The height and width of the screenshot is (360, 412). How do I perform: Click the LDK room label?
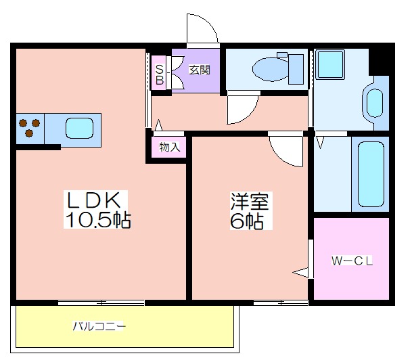click(x=94, y=200)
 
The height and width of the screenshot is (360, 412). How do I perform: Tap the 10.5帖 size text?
click(x=98, y=220)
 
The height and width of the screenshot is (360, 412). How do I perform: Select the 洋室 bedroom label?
click(x=250, y=202)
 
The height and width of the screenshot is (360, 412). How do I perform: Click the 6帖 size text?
click(x=247, y=221)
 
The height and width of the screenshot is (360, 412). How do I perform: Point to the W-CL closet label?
click(x=352, y=261)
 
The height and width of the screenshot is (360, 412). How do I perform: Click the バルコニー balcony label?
click(x=99, y=326)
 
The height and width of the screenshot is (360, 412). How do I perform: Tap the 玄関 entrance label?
click(x=200, y=70)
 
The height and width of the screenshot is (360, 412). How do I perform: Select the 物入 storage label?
click(x=170, y=147)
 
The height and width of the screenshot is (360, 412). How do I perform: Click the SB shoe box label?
click(x=160, y=74)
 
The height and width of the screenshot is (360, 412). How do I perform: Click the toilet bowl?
click(x=270, y=69)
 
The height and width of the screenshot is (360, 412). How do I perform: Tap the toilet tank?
click(x=296, y=69)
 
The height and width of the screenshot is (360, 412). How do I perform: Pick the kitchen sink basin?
click(x=79, y=129)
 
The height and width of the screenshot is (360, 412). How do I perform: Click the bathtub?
click(x=371, y=174)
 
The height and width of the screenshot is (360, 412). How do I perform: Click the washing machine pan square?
click(x=330, y=64)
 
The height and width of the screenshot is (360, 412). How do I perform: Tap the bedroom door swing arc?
click(x=279, y=158)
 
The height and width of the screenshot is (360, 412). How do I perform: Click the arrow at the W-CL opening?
click(x=300, y=273)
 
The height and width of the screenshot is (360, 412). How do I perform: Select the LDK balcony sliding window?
click(x=101, y=302)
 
